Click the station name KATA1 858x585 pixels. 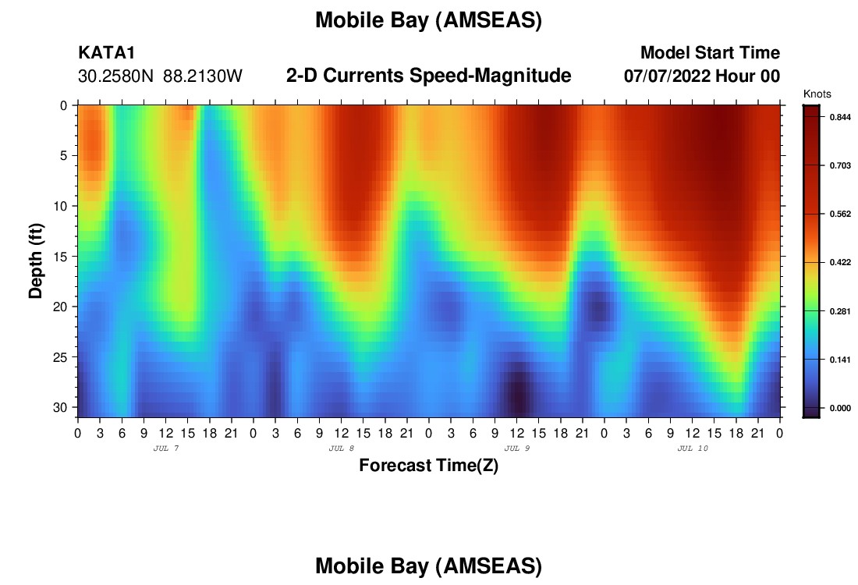(x=107, y=52)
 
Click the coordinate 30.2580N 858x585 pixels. (x=116, y=76)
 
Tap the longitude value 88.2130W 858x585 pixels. (x=203, y=76)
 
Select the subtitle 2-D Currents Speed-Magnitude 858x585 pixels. (x=428, y=76)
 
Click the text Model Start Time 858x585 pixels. (x=711, y=52)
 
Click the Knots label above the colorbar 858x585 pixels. (x=817, y=94)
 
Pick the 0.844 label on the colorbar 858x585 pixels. (x=841, y=117)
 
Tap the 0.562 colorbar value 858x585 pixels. (x=841, y=214)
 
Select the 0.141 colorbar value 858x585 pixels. (x=841, y=360)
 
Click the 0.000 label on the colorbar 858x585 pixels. (x=841, y=408)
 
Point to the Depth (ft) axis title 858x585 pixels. (x=36, y=261)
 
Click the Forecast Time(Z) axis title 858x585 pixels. (x=428, y=466)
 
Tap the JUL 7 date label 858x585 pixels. (x=166, y=448)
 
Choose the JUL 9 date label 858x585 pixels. (x=517, y=448)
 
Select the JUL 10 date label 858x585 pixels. (x=693, y=448)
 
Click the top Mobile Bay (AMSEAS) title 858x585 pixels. (x=428, y=20)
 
